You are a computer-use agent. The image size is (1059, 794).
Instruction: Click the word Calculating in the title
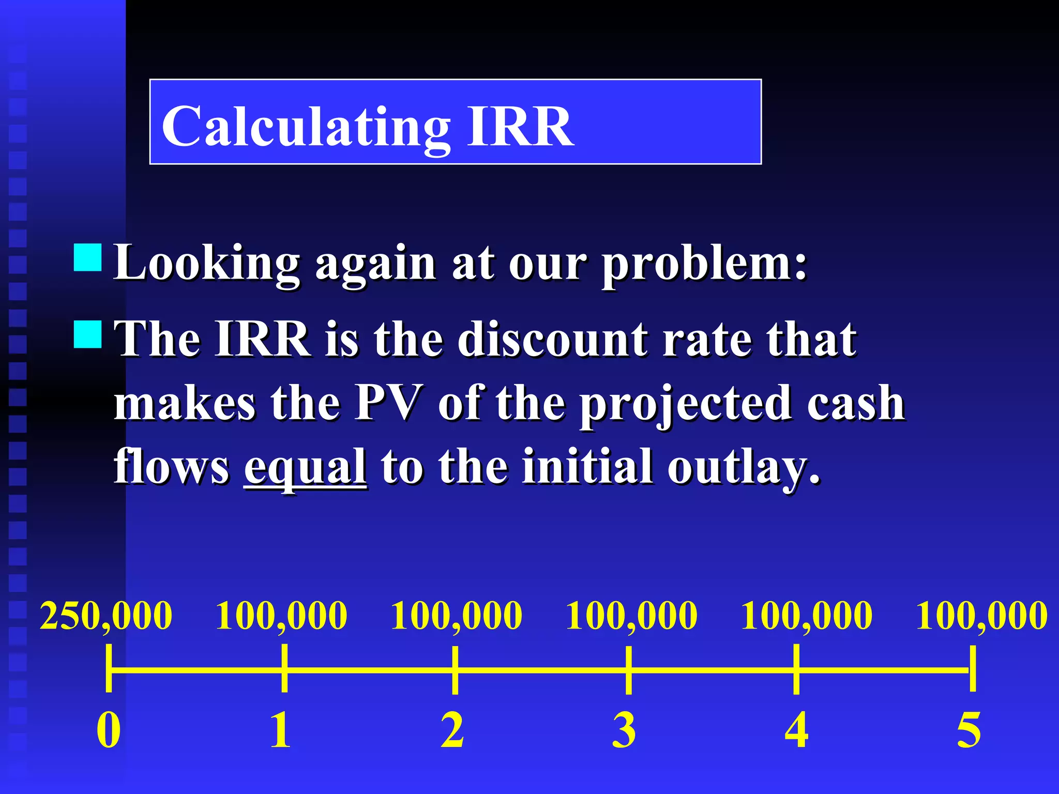306,127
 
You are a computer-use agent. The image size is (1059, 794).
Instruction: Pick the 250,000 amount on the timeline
106,616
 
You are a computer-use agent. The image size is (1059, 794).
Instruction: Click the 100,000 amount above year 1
281,616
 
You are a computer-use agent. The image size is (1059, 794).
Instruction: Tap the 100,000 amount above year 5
981,616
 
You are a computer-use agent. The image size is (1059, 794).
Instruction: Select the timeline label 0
109,729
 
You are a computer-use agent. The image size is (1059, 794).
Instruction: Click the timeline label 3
624,729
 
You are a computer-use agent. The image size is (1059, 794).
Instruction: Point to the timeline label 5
969,729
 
